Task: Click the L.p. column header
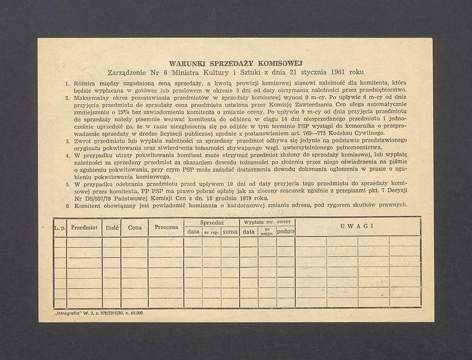[x=60, y=227]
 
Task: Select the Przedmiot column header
[x=84, y=227]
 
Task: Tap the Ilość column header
[x=112, y=227]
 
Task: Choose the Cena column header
[x=134, y=227]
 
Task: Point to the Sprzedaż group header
[x=211, y=222]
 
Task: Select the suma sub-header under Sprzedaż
[x=230, y=232]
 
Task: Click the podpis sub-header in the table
[x=286, y=232]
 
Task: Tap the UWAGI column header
[x=358, y=227]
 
